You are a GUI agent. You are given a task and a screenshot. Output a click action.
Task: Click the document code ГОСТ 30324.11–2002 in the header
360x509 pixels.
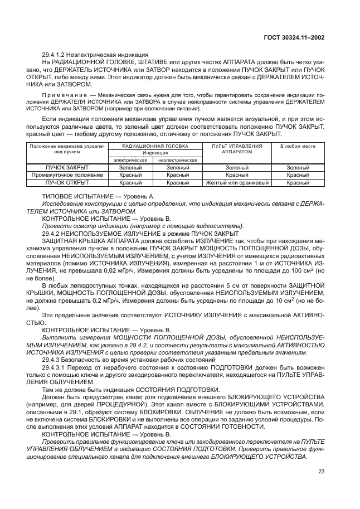tap(294, 38)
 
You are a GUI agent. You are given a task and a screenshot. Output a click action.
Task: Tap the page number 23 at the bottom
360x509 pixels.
tap(321, 472)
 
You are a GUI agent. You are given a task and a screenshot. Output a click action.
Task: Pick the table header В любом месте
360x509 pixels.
tap(298, 146)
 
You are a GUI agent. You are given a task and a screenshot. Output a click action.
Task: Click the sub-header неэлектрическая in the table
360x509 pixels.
tap(178, 159)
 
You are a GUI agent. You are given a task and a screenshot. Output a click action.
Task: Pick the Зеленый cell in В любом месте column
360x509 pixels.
tap(298, 167)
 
